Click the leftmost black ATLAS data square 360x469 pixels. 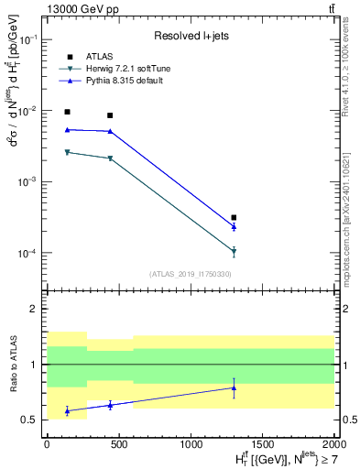(67, 112)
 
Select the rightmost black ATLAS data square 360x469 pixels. (235, 218)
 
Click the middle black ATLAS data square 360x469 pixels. (110, 115)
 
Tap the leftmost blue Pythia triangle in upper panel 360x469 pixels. (67, 130)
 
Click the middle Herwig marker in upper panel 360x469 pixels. (110, 158)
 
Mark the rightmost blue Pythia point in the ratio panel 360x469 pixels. (235, 387)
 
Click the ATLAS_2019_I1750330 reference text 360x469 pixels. (190, 274)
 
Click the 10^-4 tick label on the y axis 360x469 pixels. (27, 254)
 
